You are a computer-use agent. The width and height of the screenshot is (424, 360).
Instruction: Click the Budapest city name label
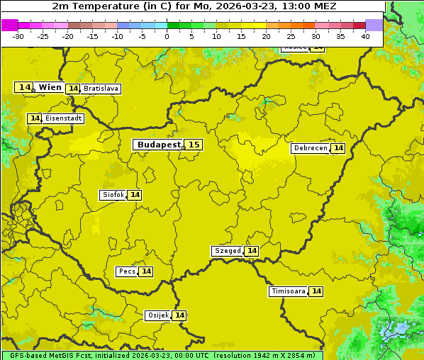click(x=159, y=145)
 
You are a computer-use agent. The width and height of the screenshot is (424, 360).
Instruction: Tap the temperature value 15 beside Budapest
click(x=194, y=145)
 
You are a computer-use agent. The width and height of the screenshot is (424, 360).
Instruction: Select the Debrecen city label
click(x=310, y=148)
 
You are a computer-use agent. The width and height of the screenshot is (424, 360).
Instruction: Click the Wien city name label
click(x=50, y=87)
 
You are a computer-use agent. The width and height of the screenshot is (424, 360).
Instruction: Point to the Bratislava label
click(x=100, y=89)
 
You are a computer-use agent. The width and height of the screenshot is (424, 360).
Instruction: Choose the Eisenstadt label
click(x=63, y=118)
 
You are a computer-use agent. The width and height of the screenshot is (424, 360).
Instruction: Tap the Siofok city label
click(x=113, y=195)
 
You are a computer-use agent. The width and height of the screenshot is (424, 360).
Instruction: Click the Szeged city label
click(x=228, y=251)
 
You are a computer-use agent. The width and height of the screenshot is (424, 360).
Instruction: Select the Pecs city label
click(x=127, y=271)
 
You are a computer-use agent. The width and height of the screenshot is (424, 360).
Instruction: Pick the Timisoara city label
click(x=289, y=291)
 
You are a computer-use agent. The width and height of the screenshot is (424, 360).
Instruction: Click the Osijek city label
click(x=158, y=315)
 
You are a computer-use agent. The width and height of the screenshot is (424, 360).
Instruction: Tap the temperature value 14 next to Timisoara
click(x=316, y=291)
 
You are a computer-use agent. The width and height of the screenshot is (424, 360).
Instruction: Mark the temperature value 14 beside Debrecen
click(x=338, y=148)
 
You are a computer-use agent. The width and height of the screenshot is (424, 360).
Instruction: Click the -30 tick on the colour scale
click(x=18, y=36)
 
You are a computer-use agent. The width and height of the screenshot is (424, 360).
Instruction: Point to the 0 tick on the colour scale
click(x=167, y=36)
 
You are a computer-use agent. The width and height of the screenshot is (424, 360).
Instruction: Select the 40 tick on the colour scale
click(x=365, y=36)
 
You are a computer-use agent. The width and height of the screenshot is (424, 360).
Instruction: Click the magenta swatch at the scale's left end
click(x=9, y=25)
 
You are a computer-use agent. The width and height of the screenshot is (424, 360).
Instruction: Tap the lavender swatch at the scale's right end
click(x=374, y=25)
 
